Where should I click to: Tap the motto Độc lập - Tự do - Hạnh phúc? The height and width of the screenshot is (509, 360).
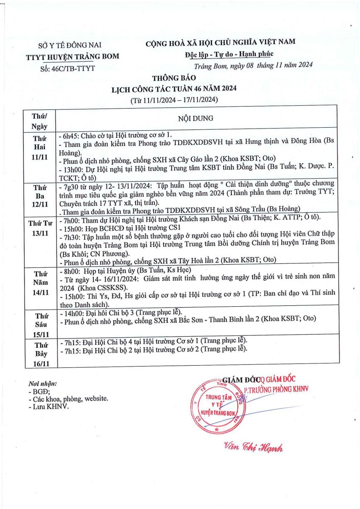click(x=229, y=54)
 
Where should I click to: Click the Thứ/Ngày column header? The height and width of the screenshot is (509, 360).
click(x=39, y=121)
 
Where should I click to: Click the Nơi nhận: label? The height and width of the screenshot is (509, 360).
click(x=42, y=384)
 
